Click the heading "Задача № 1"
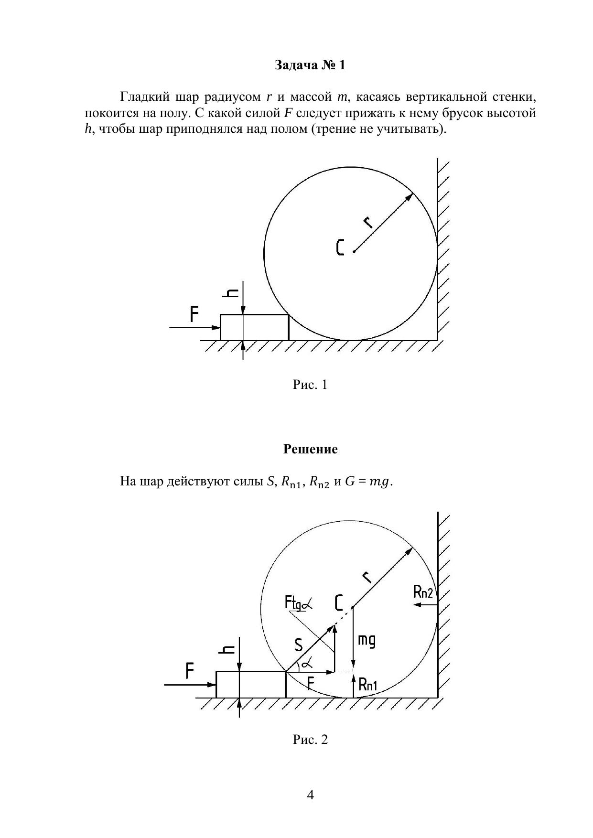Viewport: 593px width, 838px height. [310, 65]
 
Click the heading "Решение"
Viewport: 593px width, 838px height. [310, 449]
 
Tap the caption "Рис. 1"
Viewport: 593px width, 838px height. [310, 385]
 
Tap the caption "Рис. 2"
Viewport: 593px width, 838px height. [310, 740]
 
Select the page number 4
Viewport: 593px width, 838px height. [310, 795]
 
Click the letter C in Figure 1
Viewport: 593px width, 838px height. [340, 247]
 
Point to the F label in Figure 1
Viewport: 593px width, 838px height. [194, 314]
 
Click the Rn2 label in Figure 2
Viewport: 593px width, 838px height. [423, 592]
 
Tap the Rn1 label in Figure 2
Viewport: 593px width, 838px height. [368, 685]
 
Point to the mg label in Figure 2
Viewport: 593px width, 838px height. [367, 640]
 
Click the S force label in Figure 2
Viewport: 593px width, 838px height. [299, 645]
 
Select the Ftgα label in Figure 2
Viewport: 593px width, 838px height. [298, 603]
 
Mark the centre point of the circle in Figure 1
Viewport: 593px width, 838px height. [354, 251]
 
